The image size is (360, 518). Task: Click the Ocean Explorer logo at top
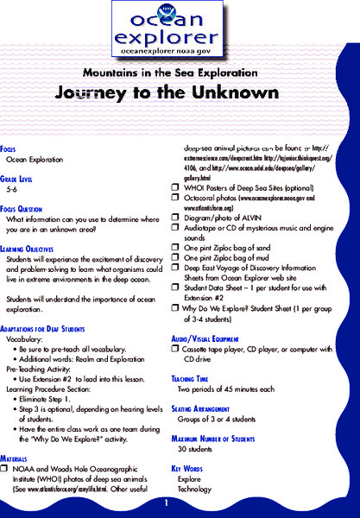tap(180, 28)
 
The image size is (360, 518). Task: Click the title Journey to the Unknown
tap(180, 92)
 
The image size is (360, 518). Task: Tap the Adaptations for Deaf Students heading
tap(52, 329)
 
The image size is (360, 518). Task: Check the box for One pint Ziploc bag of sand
tap(175, 246)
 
